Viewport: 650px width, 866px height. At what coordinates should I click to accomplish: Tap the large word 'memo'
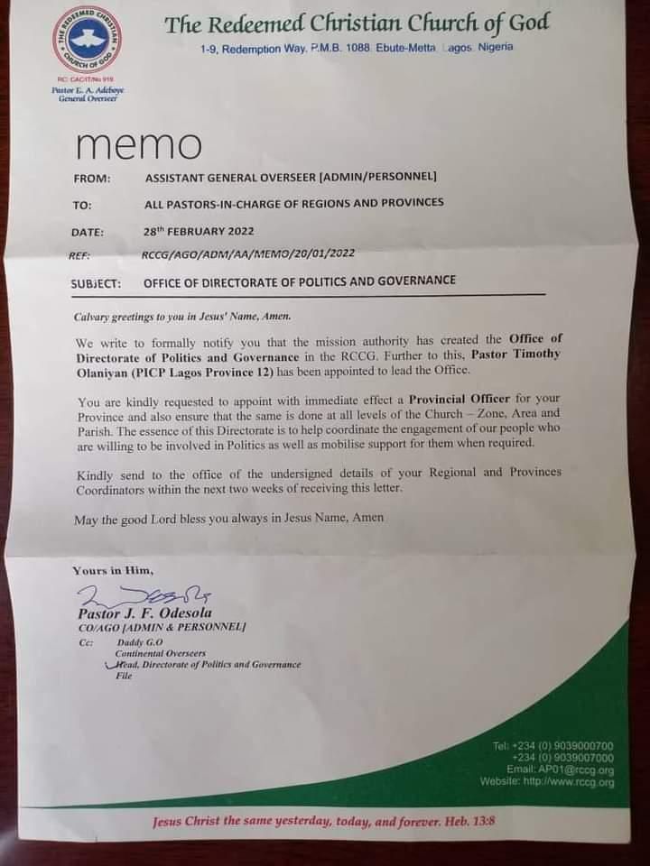point(140,144)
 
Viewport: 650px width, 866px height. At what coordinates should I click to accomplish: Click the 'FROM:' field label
point(91,178)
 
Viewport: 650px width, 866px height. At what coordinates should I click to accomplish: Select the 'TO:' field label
point(82,205)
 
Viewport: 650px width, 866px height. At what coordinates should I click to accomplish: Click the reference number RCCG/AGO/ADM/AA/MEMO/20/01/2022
point(247,256)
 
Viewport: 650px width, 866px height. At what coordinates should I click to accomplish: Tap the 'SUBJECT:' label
point(96,283)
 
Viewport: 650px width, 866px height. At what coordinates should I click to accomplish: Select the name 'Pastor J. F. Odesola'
point(135,613)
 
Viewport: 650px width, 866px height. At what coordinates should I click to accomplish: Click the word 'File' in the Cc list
point(124,675)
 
